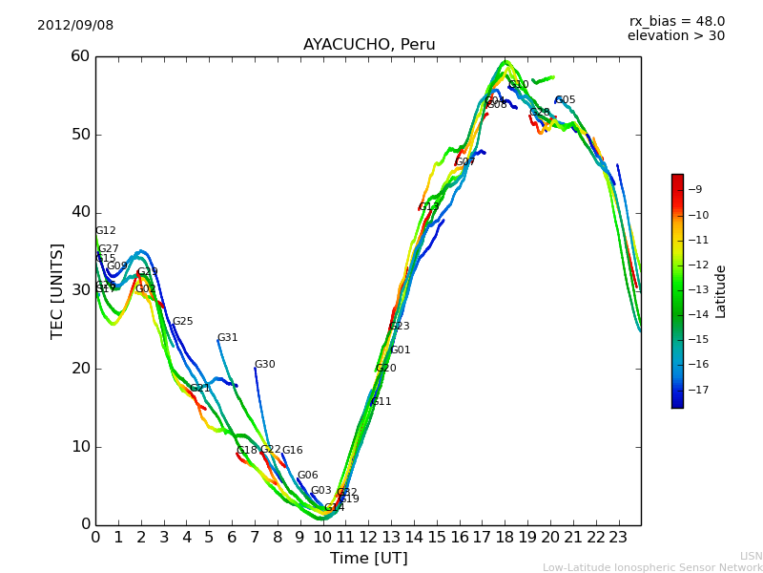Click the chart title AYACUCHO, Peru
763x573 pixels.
tap(369, 45)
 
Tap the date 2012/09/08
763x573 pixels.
tap(75, 25)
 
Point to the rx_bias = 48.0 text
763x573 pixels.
tap(676, 21)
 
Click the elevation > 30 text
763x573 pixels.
tap(675, 36)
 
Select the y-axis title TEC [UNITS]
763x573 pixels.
tap(57, 290)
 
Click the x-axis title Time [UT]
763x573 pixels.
tap(369, 559)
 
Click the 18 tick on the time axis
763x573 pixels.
tap(505, 537)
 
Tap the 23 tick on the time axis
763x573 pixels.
tap(618, 537)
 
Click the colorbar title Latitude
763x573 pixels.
tap(721, 291)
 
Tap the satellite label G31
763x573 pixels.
tap(227, 338)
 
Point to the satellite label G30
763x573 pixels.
tap(264, 365)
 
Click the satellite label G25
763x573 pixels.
tap(182, 322)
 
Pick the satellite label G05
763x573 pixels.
tap(565, 100)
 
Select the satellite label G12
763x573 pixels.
tap(105, 231)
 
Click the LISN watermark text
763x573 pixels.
tap(751, 556)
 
